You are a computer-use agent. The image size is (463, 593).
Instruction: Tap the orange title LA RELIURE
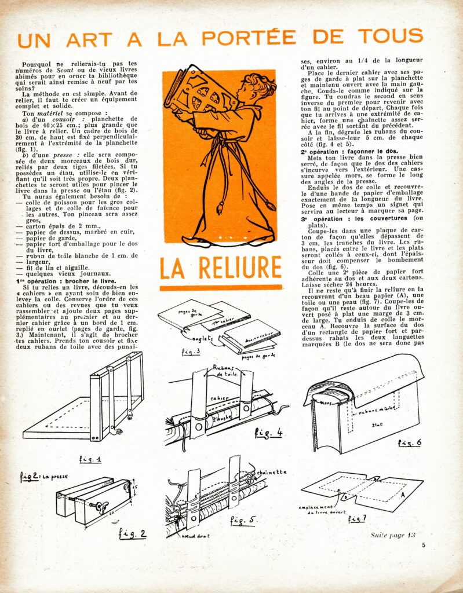click(221, 268)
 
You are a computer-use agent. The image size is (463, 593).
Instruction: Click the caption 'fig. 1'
click(90, 459)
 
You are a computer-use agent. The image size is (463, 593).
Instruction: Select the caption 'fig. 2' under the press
click(133, 533)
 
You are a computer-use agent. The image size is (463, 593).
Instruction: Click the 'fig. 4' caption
click(269, 432)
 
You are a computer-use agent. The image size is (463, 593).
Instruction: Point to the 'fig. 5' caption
click(243, 519)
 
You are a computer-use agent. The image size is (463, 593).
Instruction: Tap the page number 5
click(424, 544)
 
